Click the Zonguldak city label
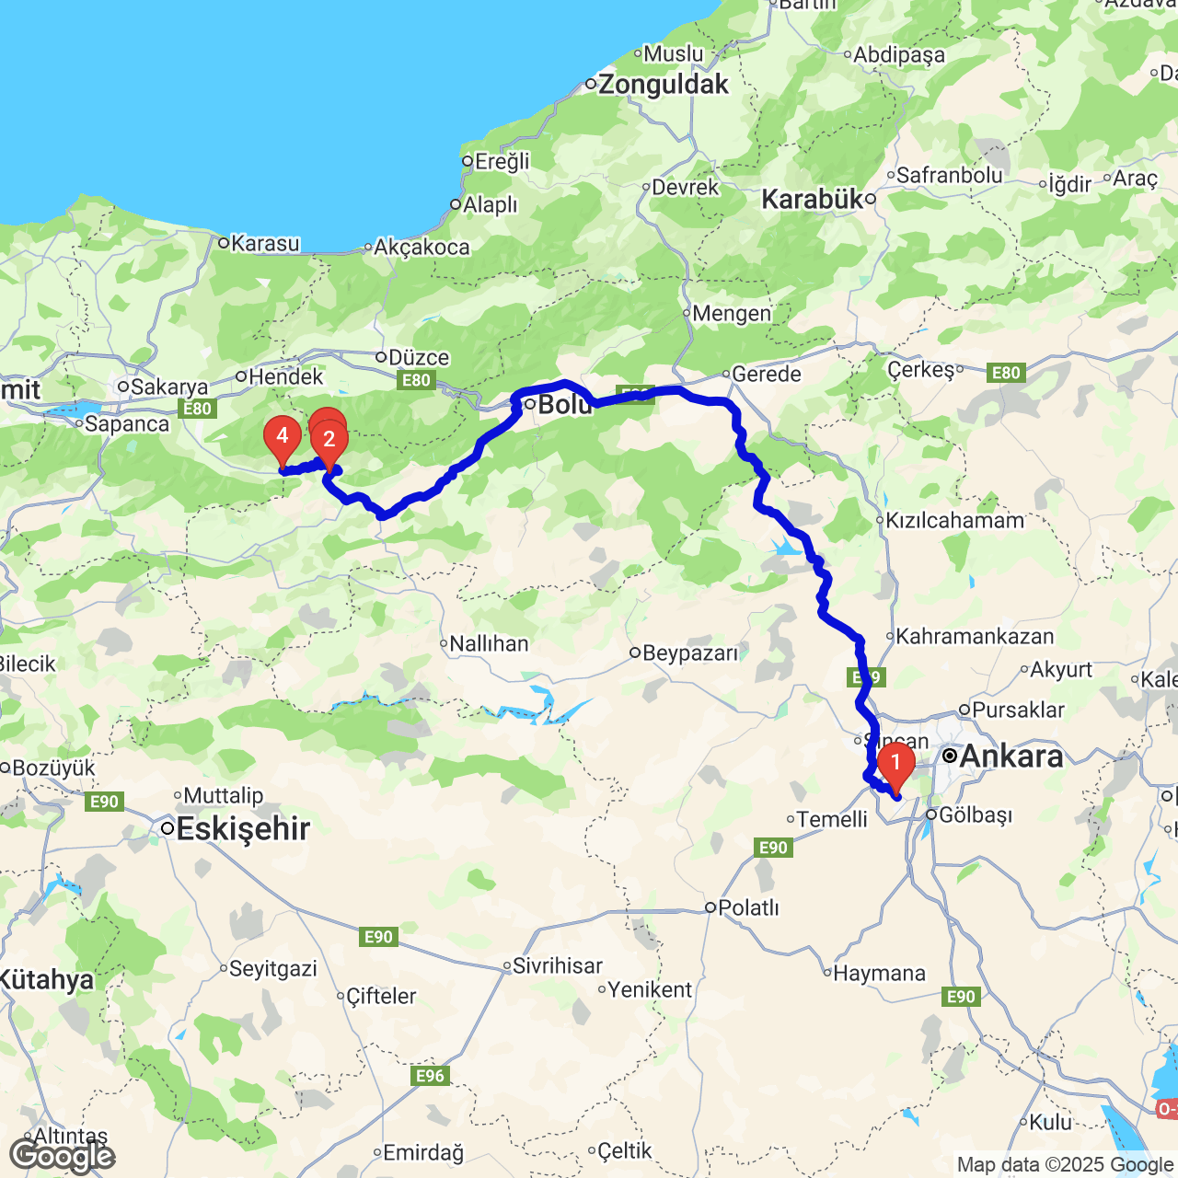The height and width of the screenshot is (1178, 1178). [663, 85]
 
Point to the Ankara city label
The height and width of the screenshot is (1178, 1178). [1011, 756]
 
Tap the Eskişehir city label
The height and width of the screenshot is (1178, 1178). [242, 828]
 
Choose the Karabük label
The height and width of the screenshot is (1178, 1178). [813, 199]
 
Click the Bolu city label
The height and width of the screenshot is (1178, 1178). [564, 404]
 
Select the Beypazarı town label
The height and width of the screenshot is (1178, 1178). [689, 653]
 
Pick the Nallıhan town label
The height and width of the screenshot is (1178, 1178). [489, 643]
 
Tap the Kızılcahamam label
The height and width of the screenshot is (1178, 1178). [954, 521]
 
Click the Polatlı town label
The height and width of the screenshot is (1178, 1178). [747, 907]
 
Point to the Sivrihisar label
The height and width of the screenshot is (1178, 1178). [557, 965]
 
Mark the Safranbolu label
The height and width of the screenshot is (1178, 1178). [949, 175]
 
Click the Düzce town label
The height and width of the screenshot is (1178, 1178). [419, 357]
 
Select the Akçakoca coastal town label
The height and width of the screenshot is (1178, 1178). [422, 247]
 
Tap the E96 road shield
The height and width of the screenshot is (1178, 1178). [430, 1076]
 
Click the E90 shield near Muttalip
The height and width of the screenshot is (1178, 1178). [104, 802]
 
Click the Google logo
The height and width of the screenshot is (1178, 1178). [62, 1156]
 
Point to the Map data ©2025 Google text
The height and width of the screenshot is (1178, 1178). [1065, 1165]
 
